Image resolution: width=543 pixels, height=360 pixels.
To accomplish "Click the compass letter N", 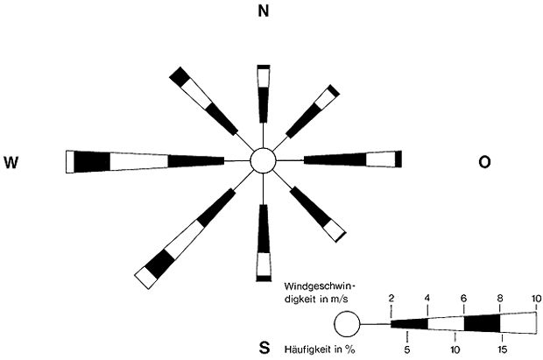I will [262, 11].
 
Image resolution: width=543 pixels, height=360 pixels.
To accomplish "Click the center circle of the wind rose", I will [263, 161].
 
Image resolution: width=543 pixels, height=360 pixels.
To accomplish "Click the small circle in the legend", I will [348, 326].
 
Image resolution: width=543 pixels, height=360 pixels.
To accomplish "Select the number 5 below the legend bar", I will [408, 349].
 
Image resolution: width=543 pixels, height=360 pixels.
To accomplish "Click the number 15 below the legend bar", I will [501, 349].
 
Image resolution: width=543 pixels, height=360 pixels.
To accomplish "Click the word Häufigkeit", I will [304, 349].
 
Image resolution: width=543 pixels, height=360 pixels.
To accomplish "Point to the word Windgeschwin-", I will [317, 286].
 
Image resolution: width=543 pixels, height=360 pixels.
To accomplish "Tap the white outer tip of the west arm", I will [70, 161].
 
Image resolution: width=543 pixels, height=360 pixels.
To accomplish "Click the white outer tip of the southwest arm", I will [144, 278].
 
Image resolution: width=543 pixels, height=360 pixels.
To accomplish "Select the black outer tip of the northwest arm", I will [180, 75].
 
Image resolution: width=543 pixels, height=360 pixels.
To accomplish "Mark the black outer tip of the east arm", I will [398, 159].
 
